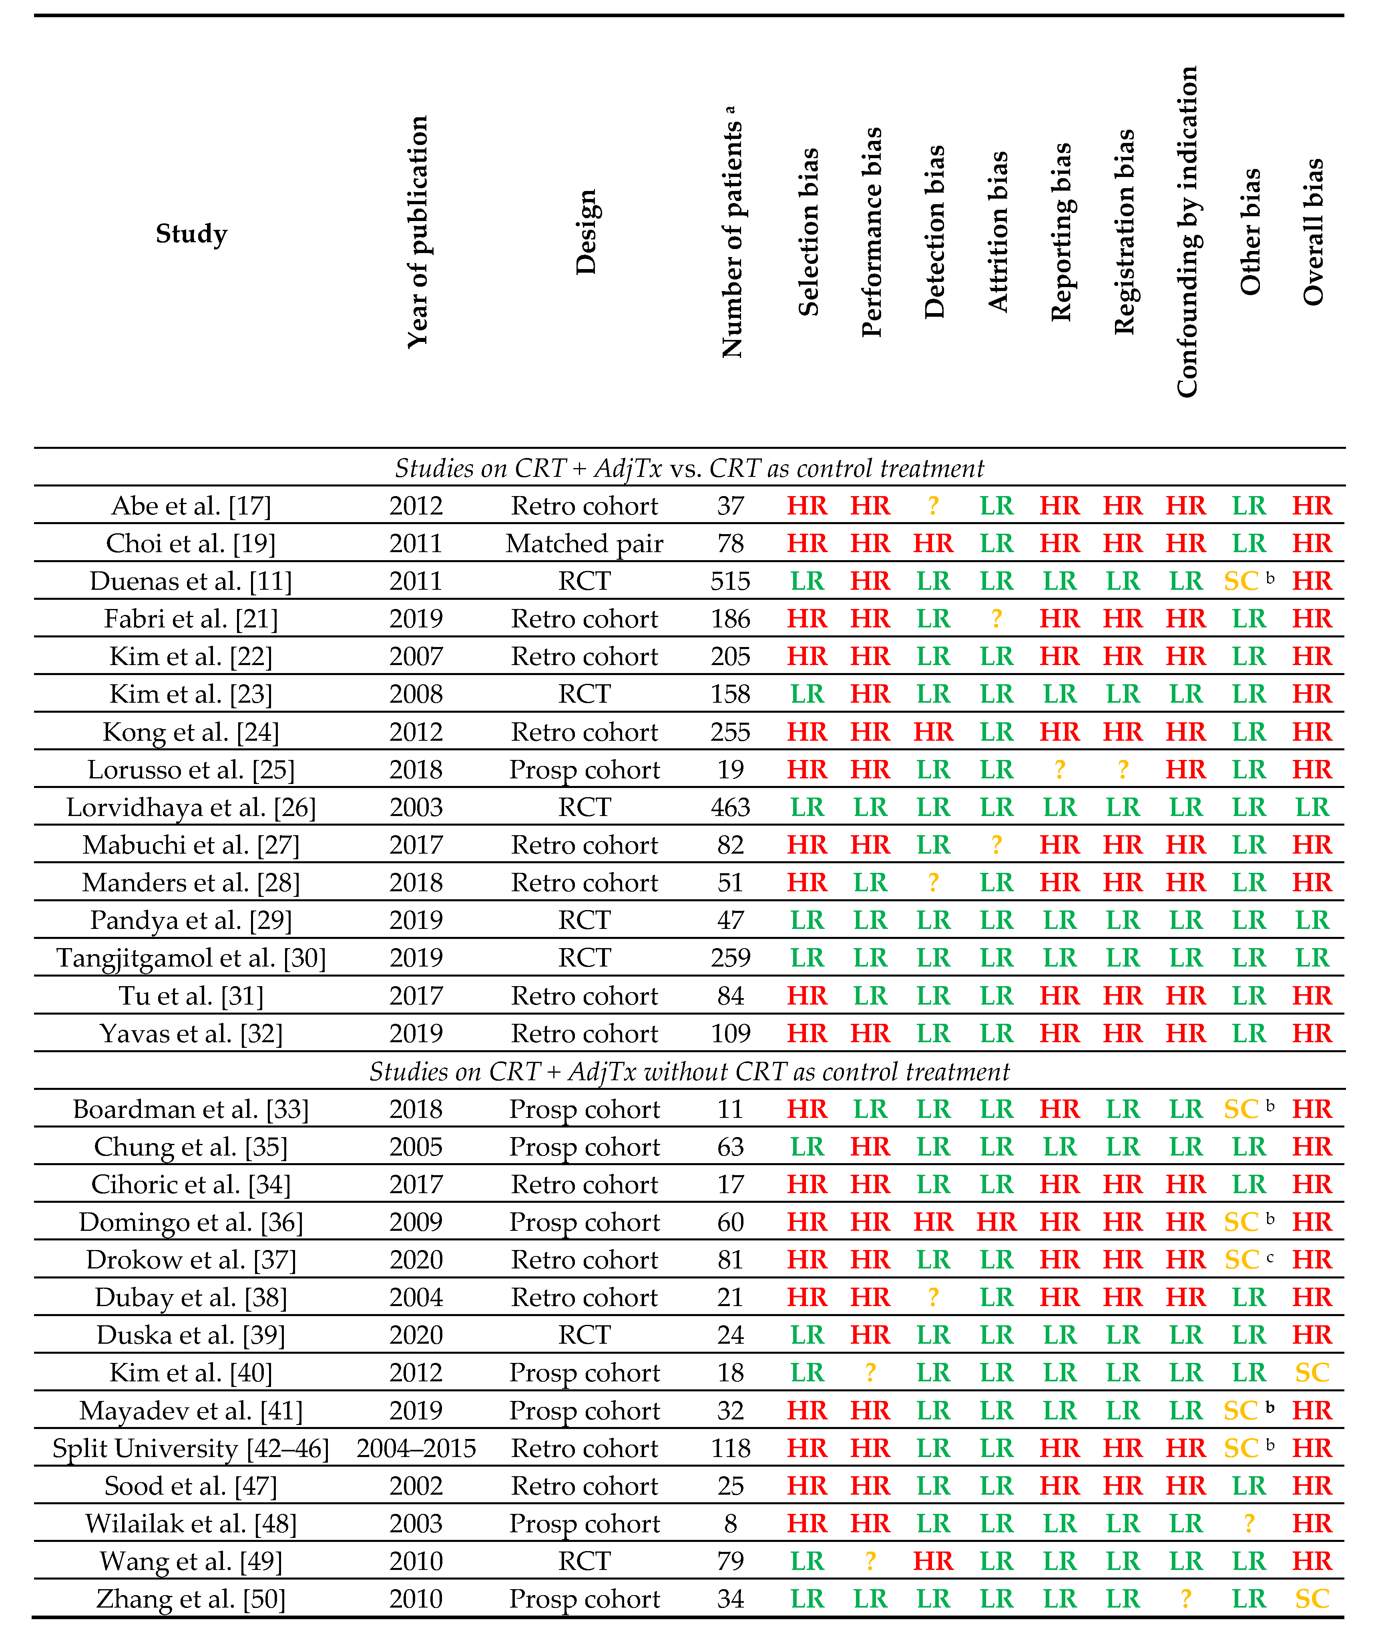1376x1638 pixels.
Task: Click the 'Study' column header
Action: point(191,233)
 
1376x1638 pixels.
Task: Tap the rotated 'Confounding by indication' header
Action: point(1187,232)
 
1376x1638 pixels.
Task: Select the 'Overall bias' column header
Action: point(1313,232)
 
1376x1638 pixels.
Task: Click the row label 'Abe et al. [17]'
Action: point(191,505)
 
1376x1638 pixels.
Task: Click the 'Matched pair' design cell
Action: point(584,544)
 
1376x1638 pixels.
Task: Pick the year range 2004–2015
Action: point(416,1449)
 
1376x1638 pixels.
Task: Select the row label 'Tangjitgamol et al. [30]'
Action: point(191,958)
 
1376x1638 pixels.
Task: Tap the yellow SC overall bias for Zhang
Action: point(1312,1599)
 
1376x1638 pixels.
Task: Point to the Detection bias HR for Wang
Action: point(933,1562)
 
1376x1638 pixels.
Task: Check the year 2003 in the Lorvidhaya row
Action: point(416,807)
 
